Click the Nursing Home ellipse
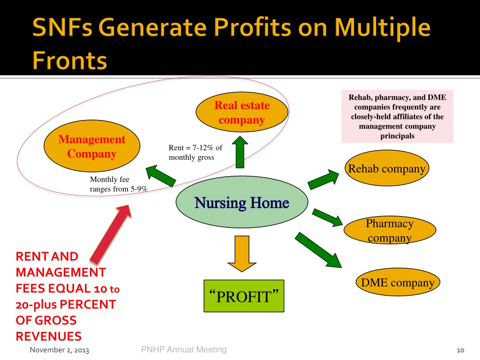242,203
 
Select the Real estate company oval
242,112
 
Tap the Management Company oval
92,147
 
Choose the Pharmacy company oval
390,230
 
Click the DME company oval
397,283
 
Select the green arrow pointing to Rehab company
324,179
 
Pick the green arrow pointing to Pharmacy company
327,217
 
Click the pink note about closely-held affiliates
397,117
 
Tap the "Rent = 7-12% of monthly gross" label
195,153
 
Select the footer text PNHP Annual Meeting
183,349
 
